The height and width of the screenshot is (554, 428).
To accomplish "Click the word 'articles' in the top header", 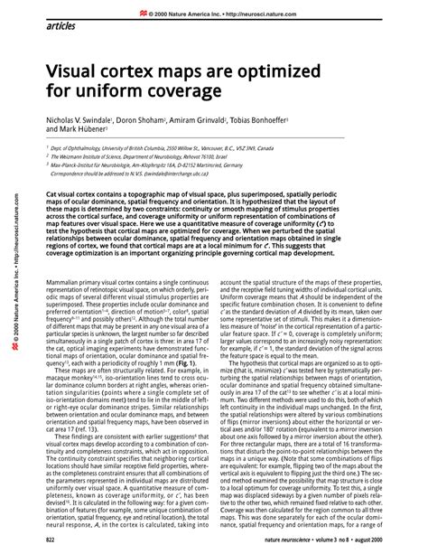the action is (x=60, y=26).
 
